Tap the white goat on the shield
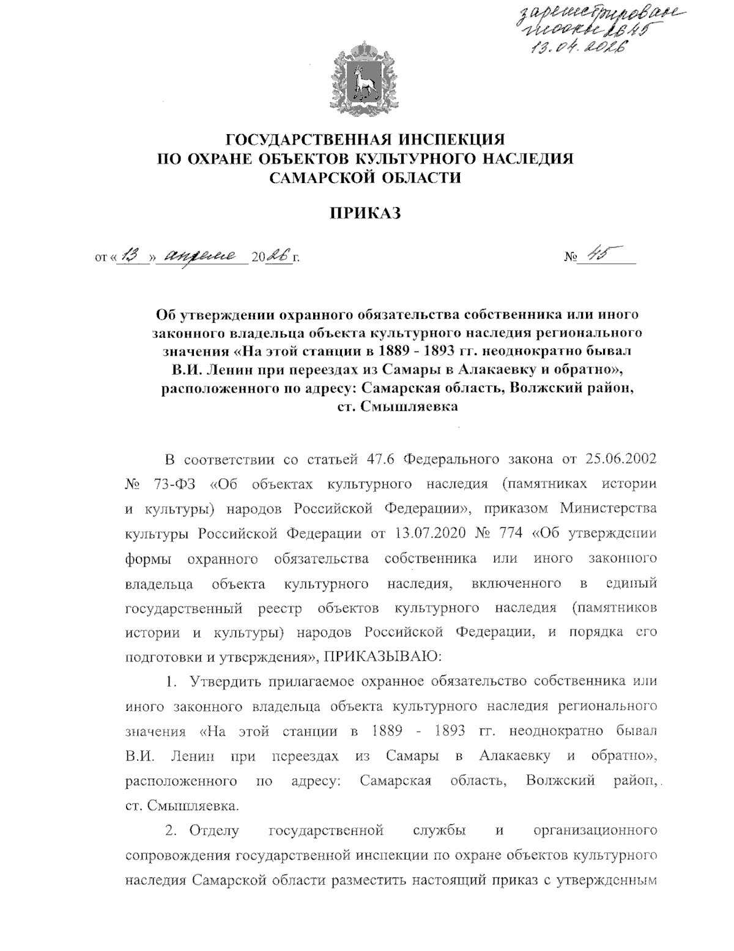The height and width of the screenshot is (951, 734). (x=365, y=82)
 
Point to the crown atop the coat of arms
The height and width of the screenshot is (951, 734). (x=365, y=48)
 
